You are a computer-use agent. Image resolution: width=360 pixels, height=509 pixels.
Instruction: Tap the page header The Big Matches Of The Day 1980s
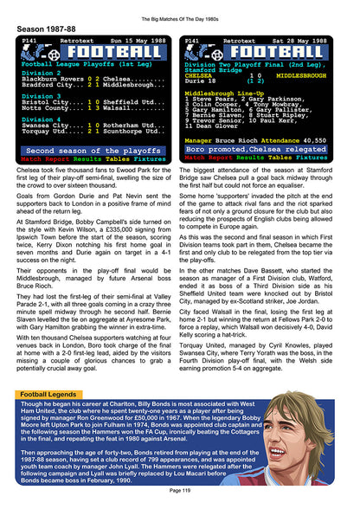point(179,7)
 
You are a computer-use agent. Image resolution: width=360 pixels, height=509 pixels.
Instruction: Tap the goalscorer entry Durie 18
point(202,81)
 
